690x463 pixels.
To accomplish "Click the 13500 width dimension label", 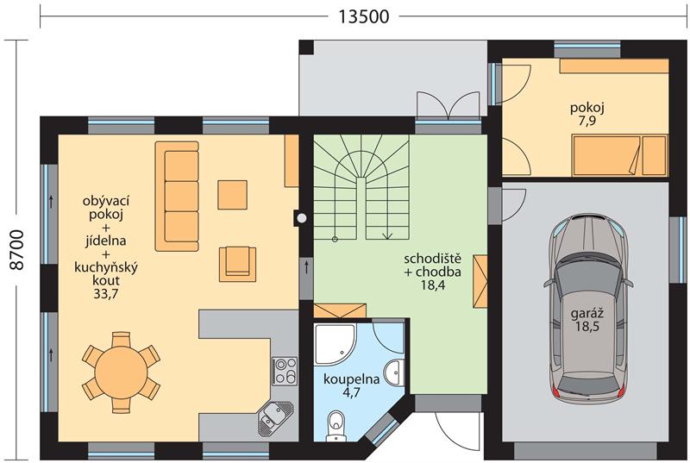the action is [x=363, y=16].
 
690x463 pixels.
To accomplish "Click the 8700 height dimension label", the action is [x=17, y=249].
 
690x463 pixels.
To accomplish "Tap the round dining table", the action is [x=121, y=372].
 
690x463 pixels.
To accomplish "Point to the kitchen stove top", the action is [x=285, y=370].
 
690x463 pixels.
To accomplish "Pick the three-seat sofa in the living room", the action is [x=177, y=196].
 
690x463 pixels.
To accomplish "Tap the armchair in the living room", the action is [x=238, y=264].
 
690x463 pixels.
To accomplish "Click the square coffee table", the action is [x=232, y=195].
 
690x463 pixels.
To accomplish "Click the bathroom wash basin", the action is [x=394, y=372].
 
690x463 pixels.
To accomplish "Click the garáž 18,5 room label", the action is [x=586, y=320].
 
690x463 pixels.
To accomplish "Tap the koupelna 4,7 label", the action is [x=351, y=385].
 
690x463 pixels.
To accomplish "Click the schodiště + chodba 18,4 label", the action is [x=433, y=272].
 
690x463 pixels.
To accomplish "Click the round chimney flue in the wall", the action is [x=301, y=217].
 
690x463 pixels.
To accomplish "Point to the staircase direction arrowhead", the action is [x=387, y=236].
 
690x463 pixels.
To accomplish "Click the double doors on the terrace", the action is [x=448, y=105].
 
